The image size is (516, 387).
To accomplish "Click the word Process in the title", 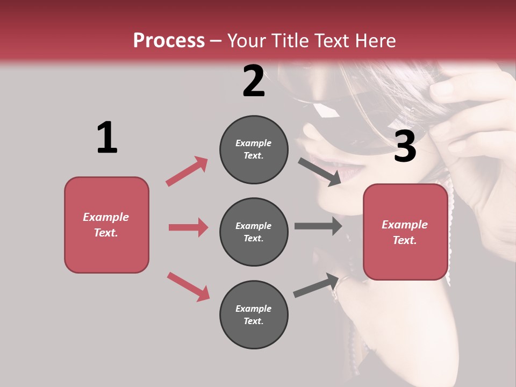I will click(169, 41).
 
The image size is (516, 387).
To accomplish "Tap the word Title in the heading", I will click(289, 41).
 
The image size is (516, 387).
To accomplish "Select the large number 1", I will click(107, 138).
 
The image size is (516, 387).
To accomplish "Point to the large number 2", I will click(254, 81).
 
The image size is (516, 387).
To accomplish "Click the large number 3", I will click(405, 146).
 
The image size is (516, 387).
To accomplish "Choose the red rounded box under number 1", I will click(106, 225).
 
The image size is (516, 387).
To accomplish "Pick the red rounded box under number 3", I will click(405, 232).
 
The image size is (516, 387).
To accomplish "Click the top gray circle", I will click(254, 149).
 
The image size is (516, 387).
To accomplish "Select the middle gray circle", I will click(254, 232).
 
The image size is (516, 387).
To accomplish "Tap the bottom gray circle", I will click(254, 314).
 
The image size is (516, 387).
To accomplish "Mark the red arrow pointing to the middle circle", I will click(188, 227).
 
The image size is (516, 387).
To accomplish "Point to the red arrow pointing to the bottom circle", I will click(188, 286).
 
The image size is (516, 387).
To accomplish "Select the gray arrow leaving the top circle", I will click(320, 171).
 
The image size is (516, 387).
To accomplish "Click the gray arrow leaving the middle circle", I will click(318, 226).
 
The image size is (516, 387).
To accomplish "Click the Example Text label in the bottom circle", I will click(254, 314).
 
